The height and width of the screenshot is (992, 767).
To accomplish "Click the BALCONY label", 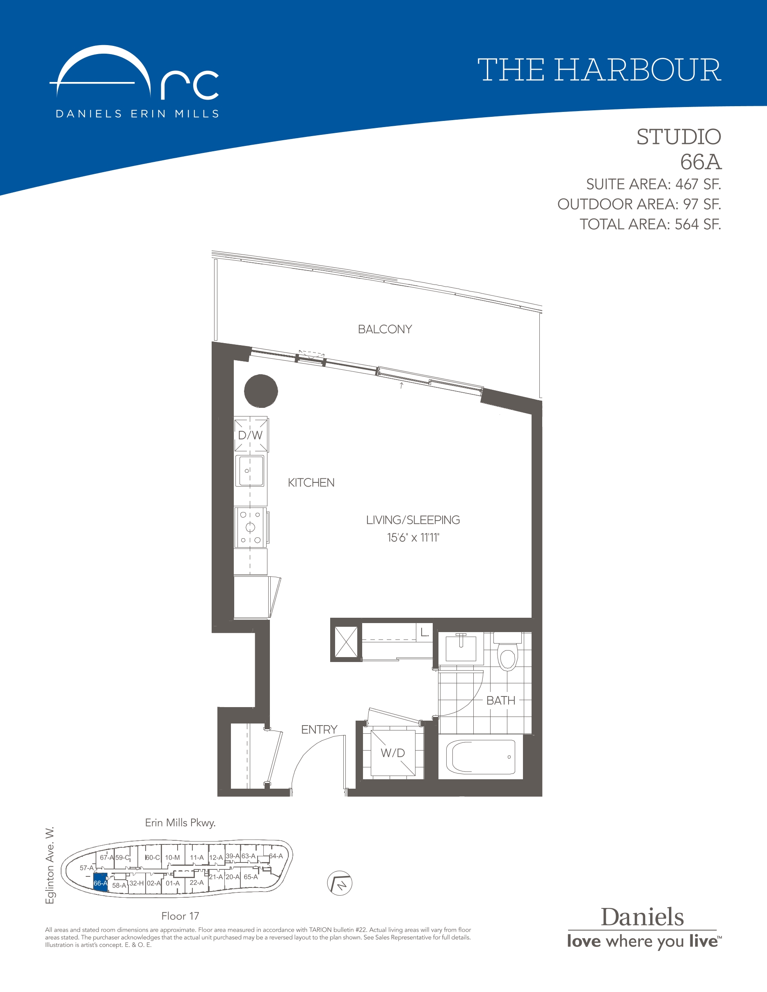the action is coord(385,329).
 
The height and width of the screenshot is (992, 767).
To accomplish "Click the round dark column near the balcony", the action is coord(261,391).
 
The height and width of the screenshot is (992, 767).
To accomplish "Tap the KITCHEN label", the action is coord(311,483).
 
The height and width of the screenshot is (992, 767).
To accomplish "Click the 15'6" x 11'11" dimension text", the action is coord(413,538).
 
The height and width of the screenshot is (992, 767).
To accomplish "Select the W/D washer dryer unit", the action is coord(393,753).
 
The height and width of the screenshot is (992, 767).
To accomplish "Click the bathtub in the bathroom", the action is coord(481,757).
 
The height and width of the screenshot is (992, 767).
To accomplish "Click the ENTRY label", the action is coord(320,730).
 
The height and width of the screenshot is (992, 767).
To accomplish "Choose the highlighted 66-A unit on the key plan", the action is coord(100,883).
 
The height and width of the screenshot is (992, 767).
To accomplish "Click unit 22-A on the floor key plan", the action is coord(197,883).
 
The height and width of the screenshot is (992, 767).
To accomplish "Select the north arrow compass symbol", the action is coord(340,883).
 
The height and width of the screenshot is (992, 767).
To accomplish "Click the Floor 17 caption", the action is coord(180,916).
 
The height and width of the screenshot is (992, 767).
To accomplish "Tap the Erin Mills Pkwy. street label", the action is coord(180,823).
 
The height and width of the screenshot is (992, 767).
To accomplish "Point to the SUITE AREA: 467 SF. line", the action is coord(653,184).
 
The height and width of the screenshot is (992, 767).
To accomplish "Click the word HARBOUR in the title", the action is coord(637,71).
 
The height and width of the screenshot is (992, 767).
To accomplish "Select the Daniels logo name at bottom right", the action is coord(642,917).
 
